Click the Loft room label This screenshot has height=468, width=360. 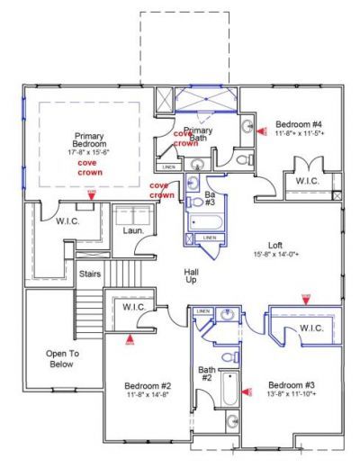click(x=275, y=244)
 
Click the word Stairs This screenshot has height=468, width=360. click(x=89, y=273)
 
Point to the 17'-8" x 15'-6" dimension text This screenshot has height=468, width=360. click(x=89, y=153)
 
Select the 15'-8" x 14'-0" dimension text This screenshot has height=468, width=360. click(x=275, y=254)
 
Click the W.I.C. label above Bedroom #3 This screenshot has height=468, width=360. click(x=311, y=327)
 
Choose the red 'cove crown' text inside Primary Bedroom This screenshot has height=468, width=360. click(x=87, y=169)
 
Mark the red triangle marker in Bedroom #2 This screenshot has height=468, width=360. click(x=130, y=339)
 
